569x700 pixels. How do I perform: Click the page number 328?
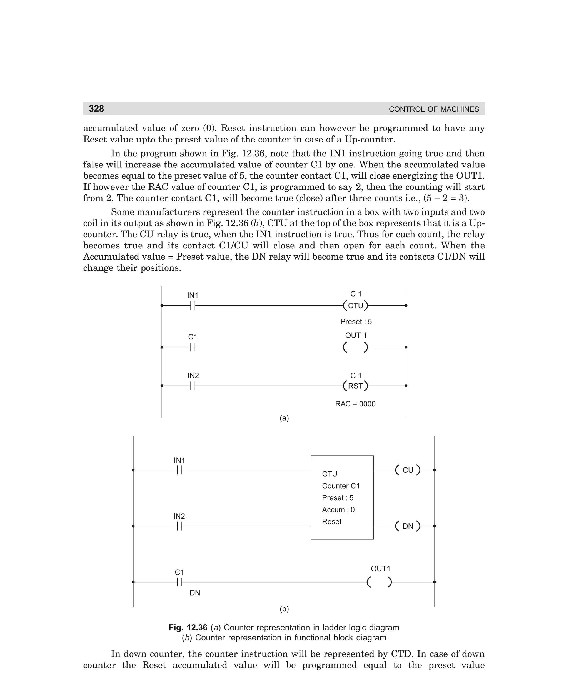[96, 109]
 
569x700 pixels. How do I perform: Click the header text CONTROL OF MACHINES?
[434, 109]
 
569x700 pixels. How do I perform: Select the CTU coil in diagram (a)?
[355, 305]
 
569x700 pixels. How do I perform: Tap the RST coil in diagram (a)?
[355, 386]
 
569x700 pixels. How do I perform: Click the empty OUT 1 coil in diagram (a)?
[355, 347]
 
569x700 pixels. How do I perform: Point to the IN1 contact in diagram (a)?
[193, 305]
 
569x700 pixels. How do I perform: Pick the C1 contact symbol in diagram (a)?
[193, 347]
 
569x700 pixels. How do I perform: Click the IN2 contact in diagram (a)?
[193, 386]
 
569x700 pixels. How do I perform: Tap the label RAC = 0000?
[355, 404]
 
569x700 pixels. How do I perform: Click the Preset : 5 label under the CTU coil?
[356, 322]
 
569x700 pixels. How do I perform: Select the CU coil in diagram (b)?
[407, 470]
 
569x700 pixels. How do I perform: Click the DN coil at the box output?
[407, 526]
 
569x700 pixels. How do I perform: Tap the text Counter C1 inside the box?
[341, 486]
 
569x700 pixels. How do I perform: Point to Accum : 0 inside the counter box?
[338, 510]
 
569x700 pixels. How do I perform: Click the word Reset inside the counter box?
[331, 521]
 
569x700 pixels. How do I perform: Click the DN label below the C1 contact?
[195, 593]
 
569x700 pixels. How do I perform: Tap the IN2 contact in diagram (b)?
[179, 526]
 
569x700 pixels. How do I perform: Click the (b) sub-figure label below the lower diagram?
[284, 609]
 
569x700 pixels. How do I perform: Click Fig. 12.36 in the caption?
[188, 627]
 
